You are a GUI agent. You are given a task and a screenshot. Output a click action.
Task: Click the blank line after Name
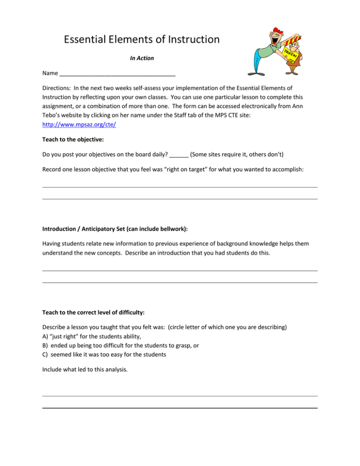tap(118, 74)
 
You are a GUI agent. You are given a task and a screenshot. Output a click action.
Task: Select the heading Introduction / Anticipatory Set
tap(107, 228)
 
